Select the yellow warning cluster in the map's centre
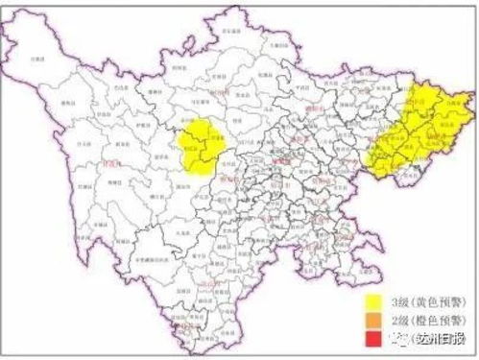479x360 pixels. point(204,147)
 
